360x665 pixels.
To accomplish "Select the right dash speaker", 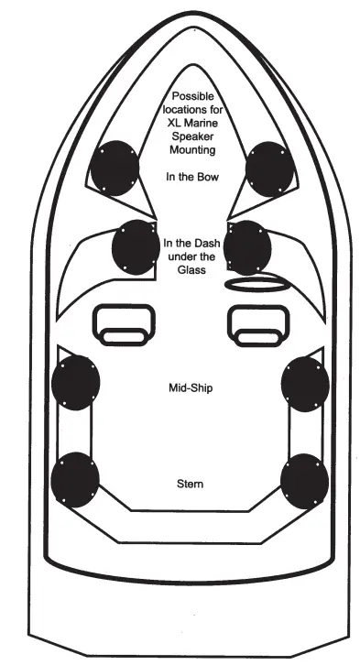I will (x=247, y=246).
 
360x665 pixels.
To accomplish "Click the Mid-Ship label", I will (x=191, y=387).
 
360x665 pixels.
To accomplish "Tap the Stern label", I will (x=191, y=483).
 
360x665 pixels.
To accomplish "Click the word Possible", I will (x=191, y=97).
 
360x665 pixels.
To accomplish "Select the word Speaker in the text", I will (x=191, y=136).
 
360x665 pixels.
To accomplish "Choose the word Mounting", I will (x=191, y=148).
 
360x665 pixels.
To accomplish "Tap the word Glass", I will (x=191, y=270).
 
